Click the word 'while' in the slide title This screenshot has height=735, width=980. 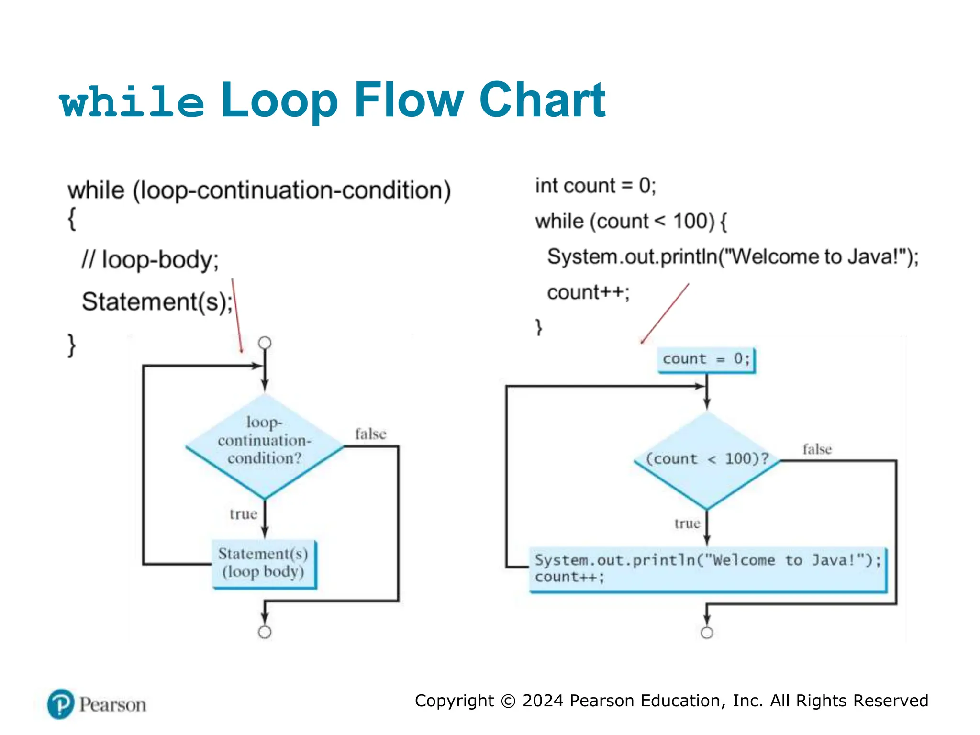point(132,101)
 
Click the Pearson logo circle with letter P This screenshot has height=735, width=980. point(61,704)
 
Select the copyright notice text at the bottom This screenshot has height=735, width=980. point(671,701)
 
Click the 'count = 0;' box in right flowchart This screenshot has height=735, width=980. point(706,359)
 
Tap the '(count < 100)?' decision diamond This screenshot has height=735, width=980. point(707,459)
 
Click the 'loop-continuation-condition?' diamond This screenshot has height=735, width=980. point(265,445)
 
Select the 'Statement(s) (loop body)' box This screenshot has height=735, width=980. point(264,563)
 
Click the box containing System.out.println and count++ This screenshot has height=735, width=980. point(708,569)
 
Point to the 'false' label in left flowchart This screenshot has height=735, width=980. point(370,434)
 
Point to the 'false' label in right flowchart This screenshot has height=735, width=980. point(817,449)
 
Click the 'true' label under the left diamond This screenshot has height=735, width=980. point(243,514)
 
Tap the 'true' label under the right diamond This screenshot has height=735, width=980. point(687,523)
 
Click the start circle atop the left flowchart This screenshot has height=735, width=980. point(265,343)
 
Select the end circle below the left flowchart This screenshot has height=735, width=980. point(265,632)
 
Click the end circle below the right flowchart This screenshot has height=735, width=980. point(707,633)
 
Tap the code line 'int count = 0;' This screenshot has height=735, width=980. point(595,186)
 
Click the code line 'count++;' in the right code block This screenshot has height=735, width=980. point(588,292)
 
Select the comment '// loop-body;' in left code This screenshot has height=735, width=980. point(150,260)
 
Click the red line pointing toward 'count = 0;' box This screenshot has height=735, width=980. point(665,313)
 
